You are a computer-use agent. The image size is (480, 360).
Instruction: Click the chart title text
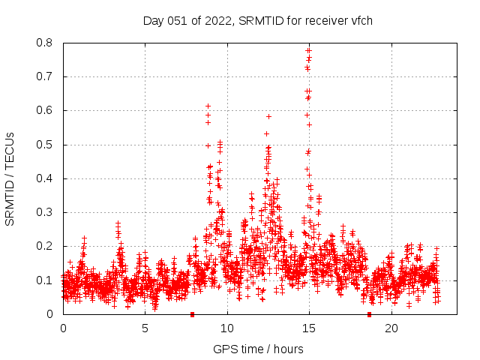point(258,20)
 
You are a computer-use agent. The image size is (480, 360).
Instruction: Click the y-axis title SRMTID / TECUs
point(10,178)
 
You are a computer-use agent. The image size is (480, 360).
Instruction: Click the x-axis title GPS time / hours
point(257,349)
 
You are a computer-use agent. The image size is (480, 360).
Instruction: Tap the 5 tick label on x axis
point(145,328)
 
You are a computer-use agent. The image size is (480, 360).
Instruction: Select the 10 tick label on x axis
point(227,328)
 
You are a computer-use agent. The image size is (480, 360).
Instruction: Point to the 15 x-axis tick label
point(309,328)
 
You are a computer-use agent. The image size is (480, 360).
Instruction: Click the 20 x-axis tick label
point(391,328)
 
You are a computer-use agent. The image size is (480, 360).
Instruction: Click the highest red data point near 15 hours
point(308,50)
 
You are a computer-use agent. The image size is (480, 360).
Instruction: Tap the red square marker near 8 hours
point(193,314)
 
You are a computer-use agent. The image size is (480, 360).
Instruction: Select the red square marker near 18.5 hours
point(369,314)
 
